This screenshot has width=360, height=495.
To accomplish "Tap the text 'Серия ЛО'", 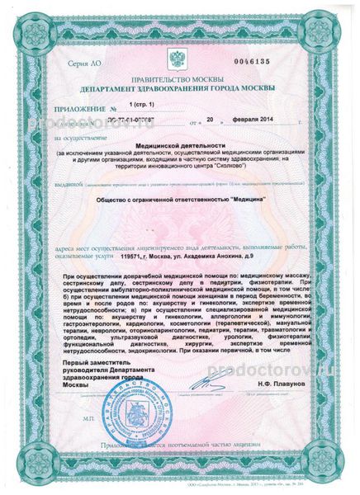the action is pyautogui.click(x=84, y=64).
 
